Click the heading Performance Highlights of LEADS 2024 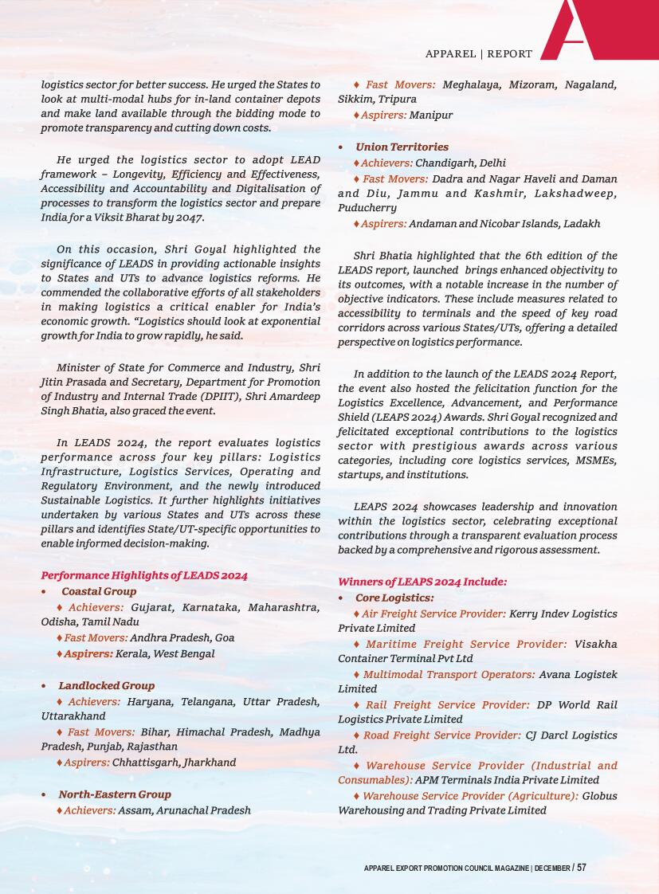point(144,575)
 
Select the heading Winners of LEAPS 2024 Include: point(422,582)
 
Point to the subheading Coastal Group point(99,591)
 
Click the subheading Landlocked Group point(106,685)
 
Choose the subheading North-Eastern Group point(115,794)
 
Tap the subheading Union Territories point(402,147)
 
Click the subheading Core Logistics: point(394,598)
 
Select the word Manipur point(431,115)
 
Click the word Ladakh point(582,224)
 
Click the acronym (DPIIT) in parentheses point(210,397)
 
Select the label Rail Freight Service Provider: point(448,704)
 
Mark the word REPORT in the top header point(510,54)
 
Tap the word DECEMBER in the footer point(552,868)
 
